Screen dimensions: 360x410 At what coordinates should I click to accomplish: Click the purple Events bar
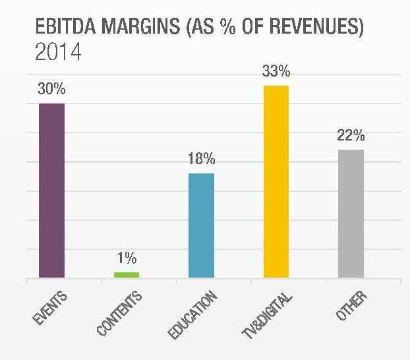pos(51,191)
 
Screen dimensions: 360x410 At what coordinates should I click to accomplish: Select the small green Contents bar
pos(126,274)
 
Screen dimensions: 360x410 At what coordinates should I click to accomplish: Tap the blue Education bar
pos(201,225)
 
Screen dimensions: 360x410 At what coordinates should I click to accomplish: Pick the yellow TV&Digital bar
pos(276,181)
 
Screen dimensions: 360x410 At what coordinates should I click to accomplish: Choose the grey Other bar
pos(351,214)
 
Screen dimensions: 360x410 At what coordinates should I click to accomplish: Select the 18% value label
pos(201,160)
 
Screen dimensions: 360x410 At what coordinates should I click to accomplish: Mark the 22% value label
pos(351,136)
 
